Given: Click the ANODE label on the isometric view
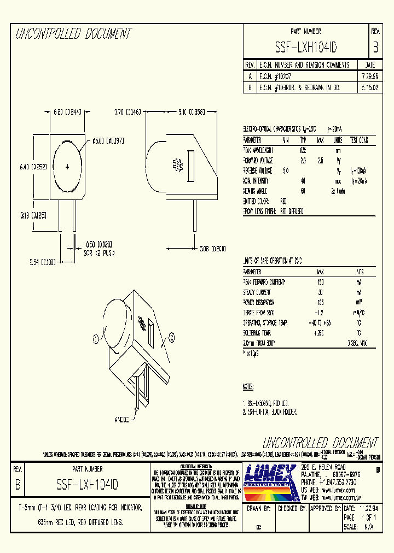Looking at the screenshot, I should [x=121, y=420].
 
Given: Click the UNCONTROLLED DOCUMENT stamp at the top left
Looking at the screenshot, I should [x=73, y=34].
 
